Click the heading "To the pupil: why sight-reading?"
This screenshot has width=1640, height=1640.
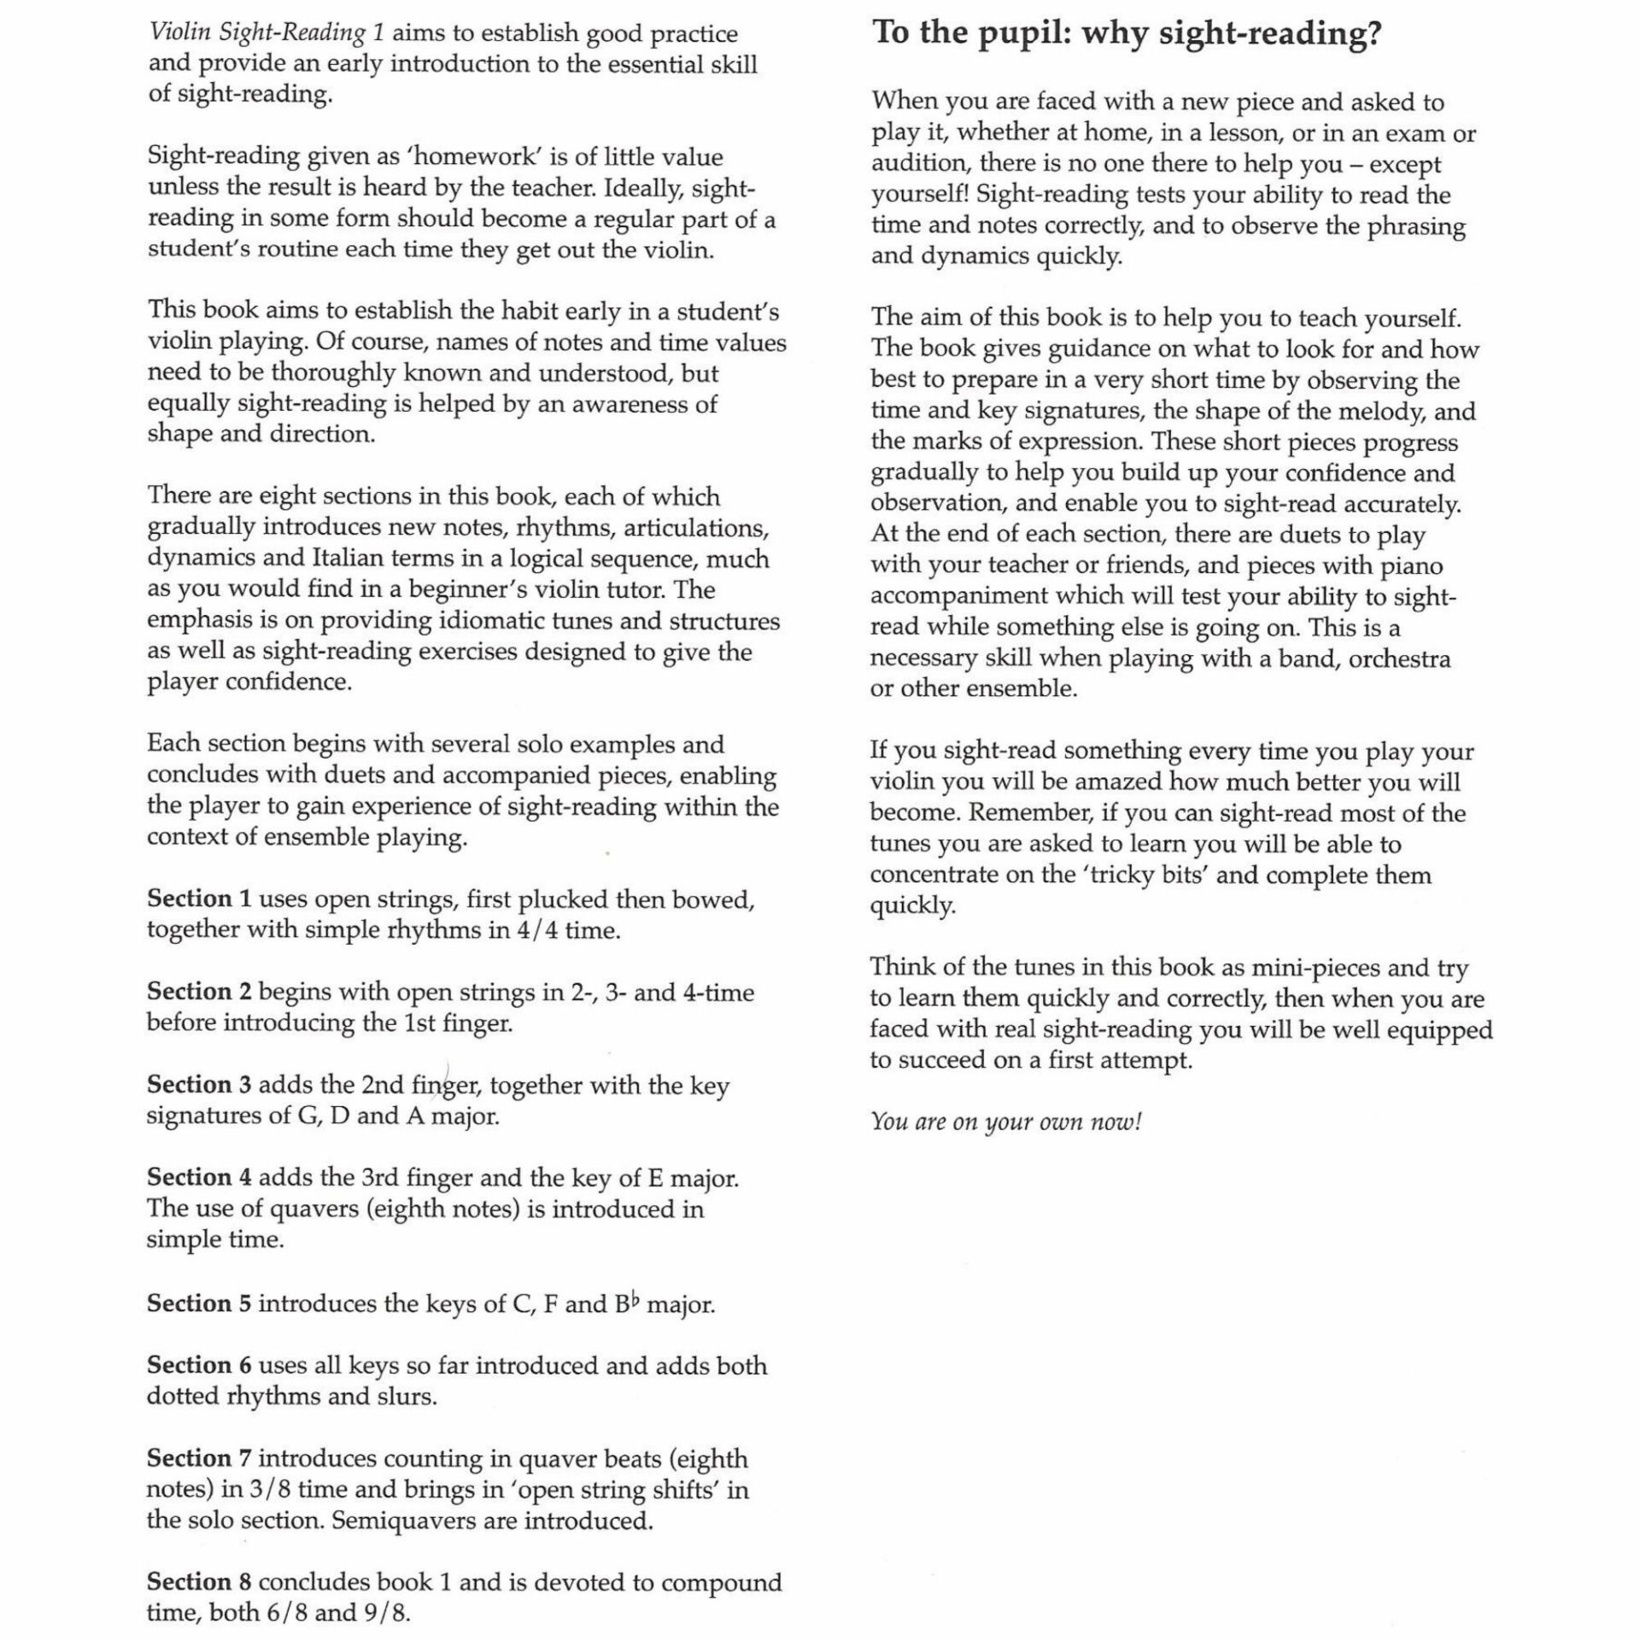click(1126, 34)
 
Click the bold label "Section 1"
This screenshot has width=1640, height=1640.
click(199, 899)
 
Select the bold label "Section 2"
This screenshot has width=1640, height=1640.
click(199, 992)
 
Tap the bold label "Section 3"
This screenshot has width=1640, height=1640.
click(199, 1085)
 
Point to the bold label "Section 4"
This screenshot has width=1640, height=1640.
click(199, 1178)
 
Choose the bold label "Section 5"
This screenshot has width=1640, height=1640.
click(199, 1303)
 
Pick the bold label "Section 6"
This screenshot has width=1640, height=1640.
click(199, 1366)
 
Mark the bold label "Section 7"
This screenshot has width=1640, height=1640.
click(199, 1459)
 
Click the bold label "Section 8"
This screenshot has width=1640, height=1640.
click(199, 1583)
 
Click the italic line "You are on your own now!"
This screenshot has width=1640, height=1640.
click(1005, 1122)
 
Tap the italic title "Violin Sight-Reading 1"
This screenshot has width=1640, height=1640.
click(266, 33)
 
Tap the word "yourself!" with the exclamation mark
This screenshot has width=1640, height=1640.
click(920, 195)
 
